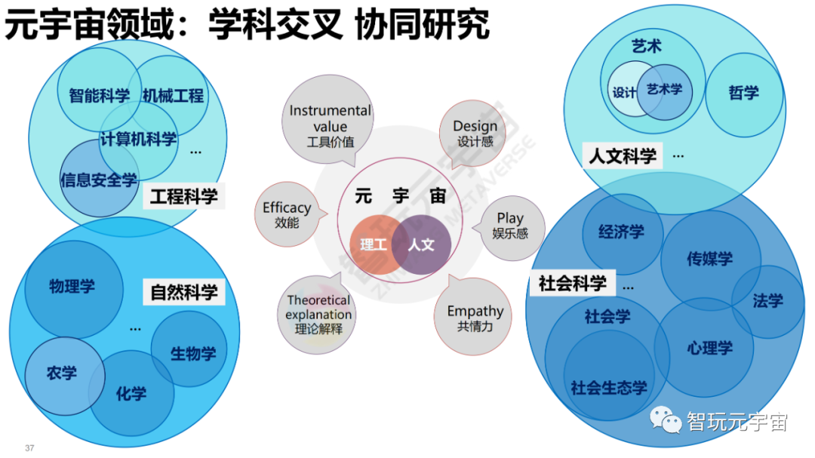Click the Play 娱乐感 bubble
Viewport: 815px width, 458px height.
(510, 226)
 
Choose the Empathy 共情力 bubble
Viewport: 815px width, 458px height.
(475, 317)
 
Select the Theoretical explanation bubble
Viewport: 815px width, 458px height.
(318, 314)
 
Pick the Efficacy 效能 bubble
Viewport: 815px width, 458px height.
(287, 215)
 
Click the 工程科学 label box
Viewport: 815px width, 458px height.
(183, 197)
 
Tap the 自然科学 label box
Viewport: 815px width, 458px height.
(183, 292)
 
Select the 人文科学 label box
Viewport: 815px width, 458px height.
(622, 156)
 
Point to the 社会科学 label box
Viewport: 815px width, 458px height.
(572, 284)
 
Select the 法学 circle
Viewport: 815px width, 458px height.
(767, 301)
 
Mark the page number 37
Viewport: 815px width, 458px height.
(29, 448)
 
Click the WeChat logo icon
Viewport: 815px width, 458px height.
(666, 421)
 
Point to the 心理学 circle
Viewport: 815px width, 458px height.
(709, 348)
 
